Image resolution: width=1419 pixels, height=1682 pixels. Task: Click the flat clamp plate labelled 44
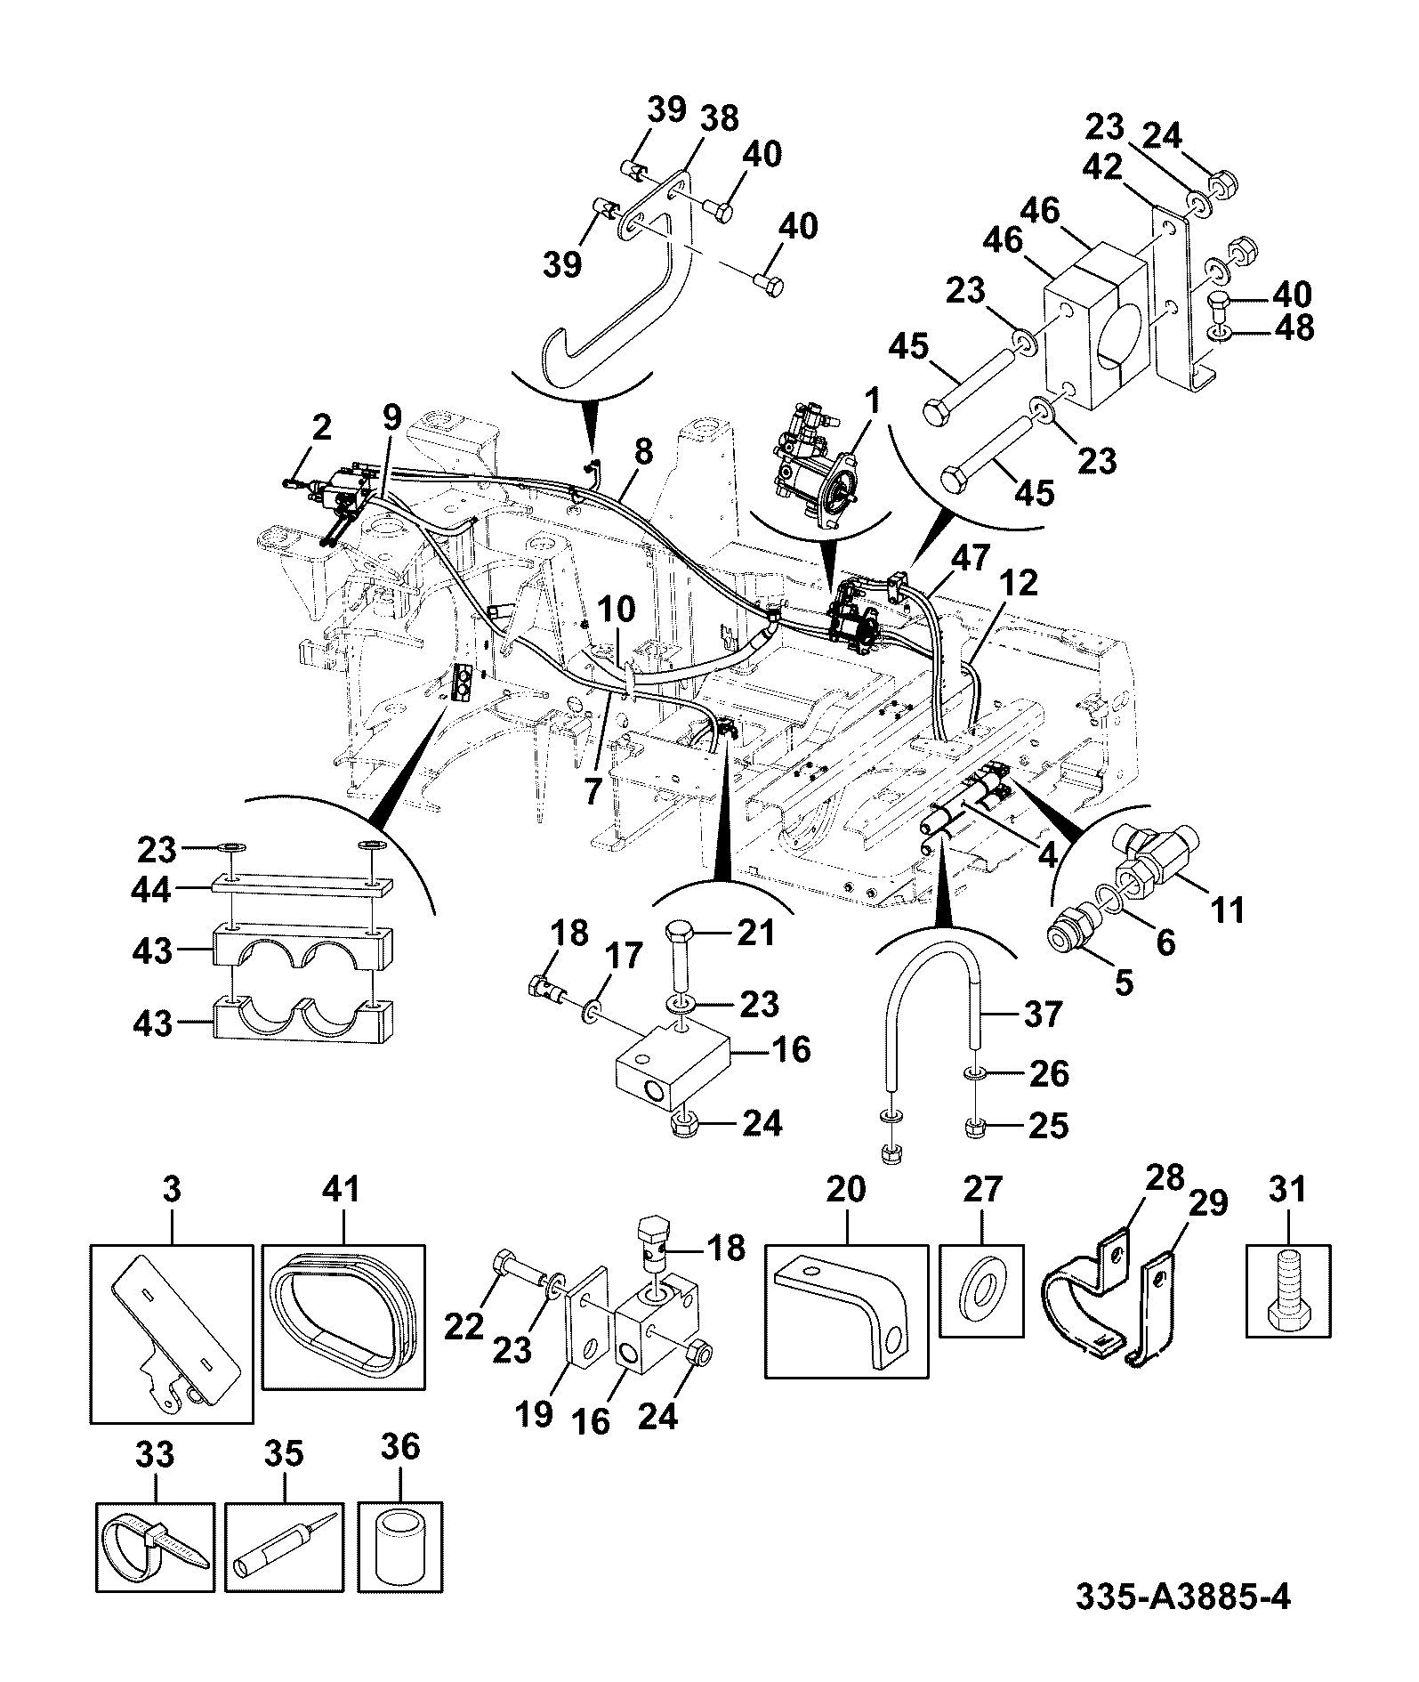(302, 888)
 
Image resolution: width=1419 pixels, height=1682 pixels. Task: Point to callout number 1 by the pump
(873, 401)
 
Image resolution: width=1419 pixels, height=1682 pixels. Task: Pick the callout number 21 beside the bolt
(755, 934)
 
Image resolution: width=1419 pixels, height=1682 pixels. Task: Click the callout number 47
(969, 558)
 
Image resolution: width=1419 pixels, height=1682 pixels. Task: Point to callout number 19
(535, 1415)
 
